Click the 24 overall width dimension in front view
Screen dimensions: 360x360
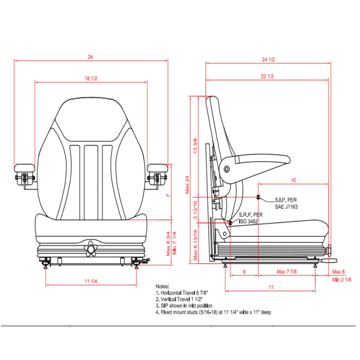coord(90,57)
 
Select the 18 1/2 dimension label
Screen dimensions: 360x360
coord(91,78)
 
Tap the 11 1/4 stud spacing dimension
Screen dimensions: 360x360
coord(91,282)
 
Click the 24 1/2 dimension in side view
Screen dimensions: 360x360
coord(269,59)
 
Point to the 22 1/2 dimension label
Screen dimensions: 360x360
coord(267,76)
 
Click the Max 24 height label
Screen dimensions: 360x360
coord(187,185)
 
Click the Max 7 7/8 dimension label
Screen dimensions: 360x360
coord(287,272)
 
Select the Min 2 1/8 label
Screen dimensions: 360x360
coord(342,280)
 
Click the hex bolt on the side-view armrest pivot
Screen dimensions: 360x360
coord(227,169)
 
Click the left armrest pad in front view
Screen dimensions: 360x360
coord(24,168)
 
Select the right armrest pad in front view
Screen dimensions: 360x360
coord(158,168)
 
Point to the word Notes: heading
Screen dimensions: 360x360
coord(162,286)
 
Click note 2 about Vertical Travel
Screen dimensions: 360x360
coord(180,299)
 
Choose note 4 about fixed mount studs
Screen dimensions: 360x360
coord(213,312)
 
